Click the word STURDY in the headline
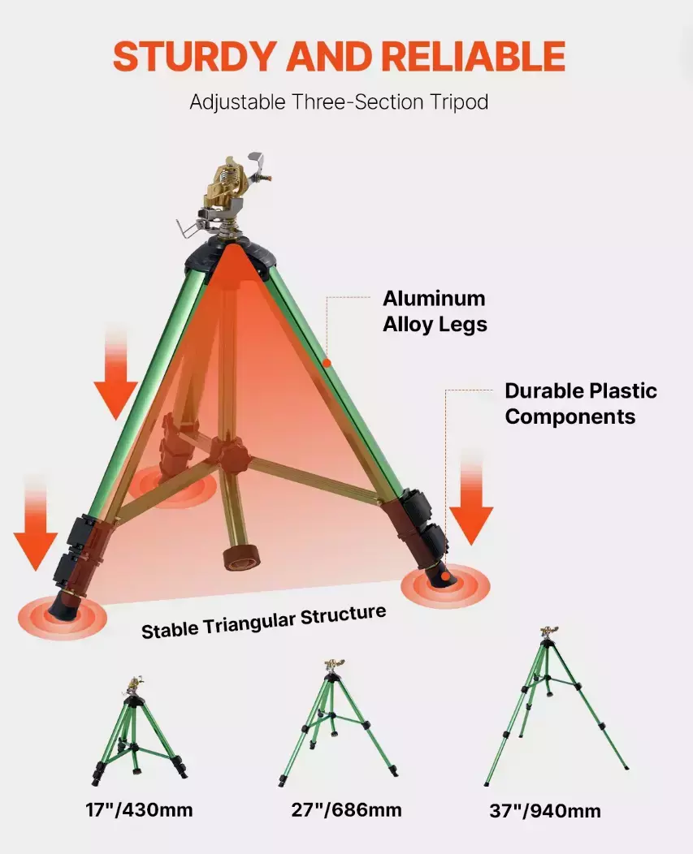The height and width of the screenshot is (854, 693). pyautogui.click(x=196, y=56)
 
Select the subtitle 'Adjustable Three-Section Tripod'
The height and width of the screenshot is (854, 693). pyautogui.click(x=339, y=102)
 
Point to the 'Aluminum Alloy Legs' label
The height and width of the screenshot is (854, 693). pyautogui.click(x=435, y=311)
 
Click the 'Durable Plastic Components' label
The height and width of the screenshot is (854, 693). pyautogui.click(x=581, y=403)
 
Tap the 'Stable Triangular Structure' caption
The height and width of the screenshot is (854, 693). pyautogui.click(x=263, y=622)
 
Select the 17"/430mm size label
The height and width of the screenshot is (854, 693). pyautogui.click(x=139, y=810)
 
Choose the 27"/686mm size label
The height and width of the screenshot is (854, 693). pyautogui.click(x=346, y=810)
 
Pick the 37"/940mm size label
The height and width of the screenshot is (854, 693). pyautogui.click(x=544, y=811)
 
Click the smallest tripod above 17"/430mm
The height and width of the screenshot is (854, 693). pyautogui.click(x=138, y=730)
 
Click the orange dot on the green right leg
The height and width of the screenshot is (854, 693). pyautogui.click(x=327, y=363)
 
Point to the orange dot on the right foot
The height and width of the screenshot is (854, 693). pyautogui.click(x=445, y=576)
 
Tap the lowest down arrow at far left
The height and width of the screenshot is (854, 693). pyautogui.click(x=36, y=523)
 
